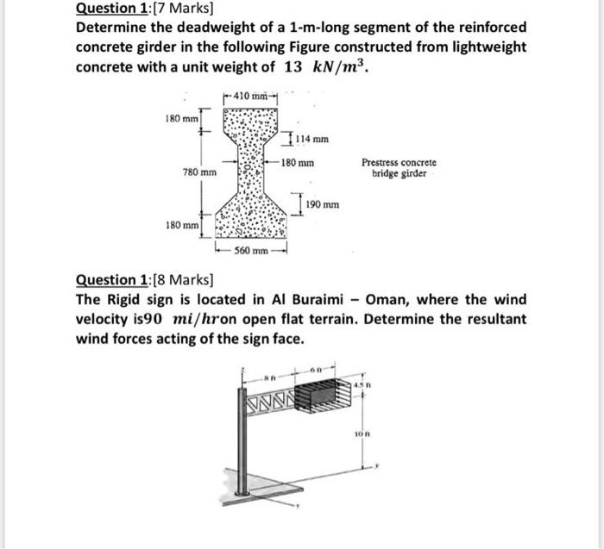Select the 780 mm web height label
pos(200,172)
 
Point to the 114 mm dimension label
pos(311,137)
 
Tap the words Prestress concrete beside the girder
pos(399,162)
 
